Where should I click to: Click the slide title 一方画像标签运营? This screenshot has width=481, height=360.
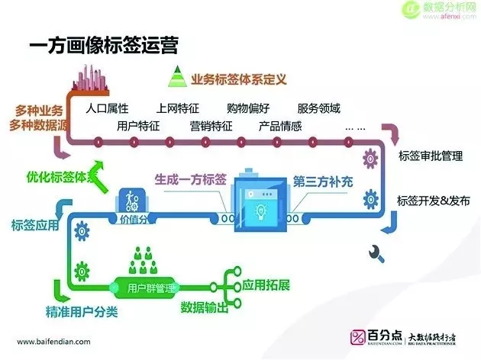point(102,45)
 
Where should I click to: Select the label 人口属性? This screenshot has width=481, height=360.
point(108,108)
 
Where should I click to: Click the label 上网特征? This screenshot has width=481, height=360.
point(177,108)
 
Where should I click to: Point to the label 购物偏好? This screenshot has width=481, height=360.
point(248,108)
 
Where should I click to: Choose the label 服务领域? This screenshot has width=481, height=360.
point(318,108)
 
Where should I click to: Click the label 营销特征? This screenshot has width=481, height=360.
point(211,126)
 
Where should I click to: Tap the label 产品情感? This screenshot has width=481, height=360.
point(280,126)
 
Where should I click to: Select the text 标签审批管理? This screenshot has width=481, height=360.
point(431,157)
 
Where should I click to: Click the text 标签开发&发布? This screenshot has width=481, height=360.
point(432,201)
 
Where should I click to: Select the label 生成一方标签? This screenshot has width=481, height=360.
point(190,180)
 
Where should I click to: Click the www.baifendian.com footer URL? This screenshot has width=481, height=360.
point(58,342)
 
